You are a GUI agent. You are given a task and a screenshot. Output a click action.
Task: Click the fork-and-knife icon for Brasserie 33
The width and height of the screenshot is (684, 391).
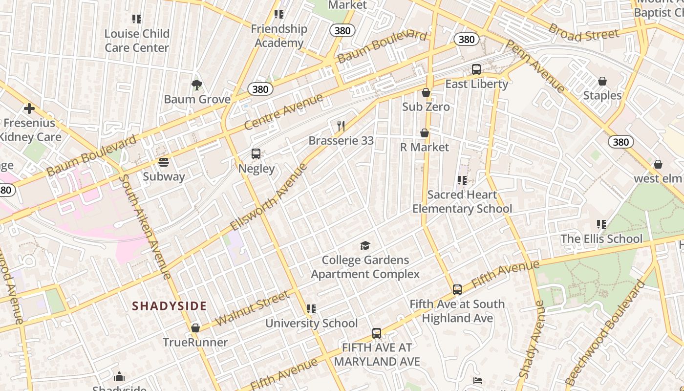pyautogui.click(x=341, y=126)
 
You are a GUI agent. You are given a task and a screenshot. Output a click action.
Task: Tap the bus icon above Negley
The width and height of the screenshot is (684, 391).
pyautogui.click(x=256, y=154)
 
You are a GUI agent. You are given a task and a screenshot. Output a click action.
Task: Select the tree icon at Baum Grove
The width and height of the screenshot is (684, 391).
pyautogui.click(x=197, y=85)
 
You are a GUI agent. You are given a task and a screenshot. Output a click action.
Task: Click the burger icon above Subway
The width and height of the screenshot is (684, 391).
pyautogui.click(x=164, y=162)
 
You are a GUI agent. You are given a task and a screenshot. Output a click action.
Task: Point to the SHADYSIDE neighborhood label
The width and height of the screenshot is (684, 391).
pyautogui.click(x=170, y=306)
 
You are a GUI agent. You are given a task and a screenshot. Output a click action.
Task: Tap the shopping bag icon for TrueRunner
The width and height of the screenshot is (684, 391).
pyautogui.click(x=195, y=328)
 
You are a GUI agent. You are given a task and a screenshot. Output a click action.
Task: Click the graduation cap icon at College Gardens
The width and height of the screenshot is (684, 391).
pyautogui.click(x=365, y=245)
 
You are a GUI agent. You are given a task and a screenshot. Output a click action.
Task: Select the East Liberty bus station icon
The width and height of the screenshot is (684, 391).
pyautogui.click(x=476, y=69)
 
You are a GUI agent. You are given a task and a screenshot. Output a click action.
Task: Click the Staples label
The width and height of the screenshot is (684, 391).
pyautogui.click(x=602, y=95)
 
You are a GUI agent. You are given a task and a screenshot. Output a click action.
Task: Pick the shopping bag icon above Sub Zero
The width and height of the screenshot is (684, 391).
pyautogui.click(x=426, y=92)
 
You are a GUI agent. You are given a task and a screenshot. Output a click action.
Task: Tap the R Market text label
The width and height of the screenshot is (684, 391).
pyautogui.click(x=425, y=147)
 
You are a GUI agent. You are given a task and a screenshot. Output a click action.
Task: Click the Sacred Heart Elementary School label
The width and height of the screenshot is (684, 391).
pyautogui.click(x=462, y=202)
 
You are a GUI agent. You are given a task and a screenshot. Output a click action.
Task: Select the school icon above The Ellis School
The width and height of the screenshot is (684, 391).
pyautogui.click(x=601, y=224)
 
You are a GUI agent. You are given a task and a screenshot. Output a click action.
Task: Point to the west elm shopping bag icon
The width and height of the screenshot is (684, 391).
pyautogui.click(x=658, y=164)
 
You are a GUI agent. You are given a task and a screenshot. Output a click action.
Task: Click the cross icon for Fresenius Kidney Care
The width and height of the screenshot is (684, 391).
pyautogui.click(x=29, y=109)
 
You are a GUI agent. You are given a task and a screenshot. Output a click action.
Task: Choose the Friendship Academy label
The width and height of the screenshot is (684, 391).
pyautogui.click(x=279, y=36)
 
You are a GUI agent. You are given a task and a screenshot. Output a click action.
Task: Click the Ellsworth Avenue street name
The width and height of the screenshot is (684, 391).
pyautogui.click(x=269, y=197)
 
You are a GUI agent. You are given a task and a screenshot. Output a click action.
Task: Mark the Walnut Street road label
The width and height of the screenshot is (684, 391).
pyautogui.click(x=252, y=308)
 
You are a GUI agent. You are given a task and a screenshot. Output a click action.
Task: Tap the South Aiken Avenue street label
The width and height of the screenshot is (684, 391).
pyautogui.click(x=145, y=227)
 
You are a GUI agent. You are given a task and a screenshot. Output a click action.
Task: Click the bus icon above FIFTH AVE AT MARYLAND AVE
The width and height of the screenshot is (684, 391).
pyautogui.click(x=377, y=333)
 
